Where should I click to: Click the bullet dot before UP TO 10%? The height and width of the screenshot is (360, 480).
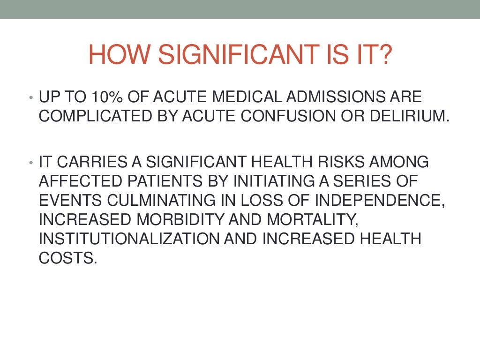[x=30, y=98]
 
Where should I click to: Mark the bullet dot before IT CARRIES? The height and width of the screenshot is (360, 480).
[x=30, y=163]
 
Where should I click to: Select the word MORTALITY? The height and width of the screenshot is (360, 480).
[x=318, y=219]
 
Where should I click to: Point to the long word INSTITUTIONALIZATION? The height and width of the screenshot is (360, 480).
[x=129, y=238]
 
